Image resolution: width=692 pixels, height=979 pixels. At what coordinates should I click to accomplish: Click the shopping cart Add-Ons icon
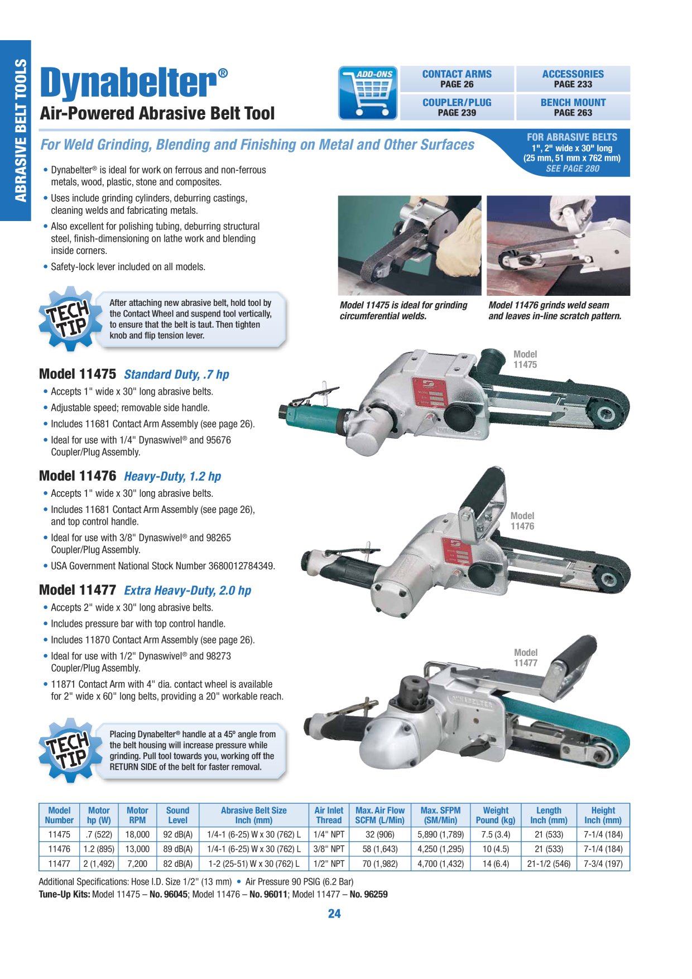368,93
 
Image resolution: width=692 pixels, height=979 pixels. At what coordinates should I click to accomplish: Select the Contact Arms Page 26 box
457,79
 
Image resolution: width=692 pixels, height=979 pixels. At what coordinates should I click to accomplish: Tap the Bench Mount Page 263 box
573,107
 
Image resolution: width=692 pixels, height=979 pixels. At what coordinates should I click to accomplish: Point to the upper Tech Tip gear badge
70,319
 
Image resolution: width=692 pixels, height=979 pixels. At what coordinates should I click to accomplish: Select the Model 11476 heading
78,476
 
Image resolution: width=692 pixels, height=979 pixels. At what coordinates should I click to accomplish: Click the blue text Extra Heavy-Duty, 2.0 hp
188,591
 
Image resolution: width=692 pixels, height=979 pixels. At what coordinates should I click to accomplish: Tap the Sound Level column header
177,815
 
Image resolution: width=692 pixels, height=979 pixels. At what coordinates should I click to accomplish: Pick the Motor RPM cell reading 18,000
137,834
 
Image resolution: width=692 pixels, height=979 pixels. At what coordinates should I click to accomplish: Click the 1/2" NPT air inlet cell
329,863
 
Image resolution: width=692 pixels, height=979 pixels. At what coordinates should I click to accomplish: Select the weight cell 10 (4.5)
496,849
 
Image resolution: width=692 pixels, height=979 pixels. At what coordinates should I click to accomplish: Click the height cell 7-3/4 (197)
603,863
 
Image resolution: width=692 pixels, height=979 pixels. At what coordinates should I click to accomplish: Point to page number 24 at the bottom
334,914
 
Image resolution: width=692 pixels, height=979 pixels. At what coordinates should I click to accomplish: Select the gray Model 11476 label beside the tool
522,521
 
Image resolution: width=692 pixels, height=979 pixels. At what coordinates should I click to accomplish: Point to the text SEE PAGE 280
573,169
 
